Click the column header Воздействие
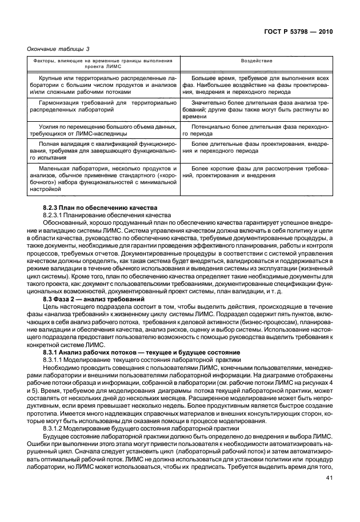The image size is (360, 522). coord(255,61)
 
